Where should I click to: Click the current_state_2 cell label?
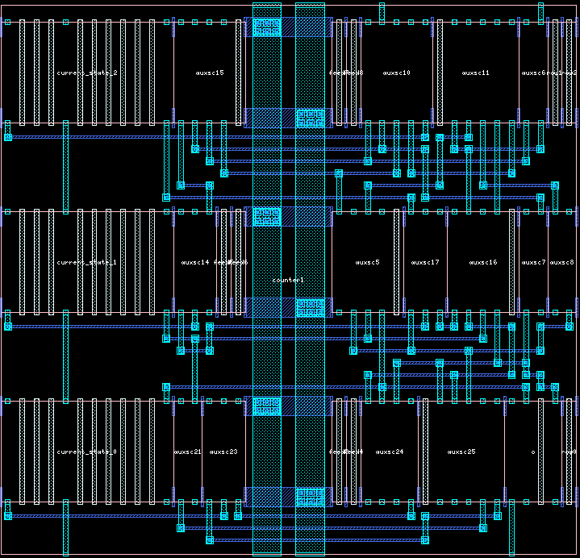(x=87, y=73)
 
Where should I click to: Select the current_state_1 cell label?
(x=87, y=263)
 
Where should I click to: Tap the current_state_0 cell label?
(x=87, y=452)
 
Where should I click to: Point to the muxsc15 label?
(x=210, y=73)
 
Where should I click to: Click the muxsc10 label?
(x=397, y=73)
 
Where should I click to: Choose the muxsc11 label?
(x=476, y=73)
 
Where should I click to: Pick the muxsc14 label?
(x=195, y=263)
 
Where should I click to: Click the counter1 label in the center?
(x=288, y=280)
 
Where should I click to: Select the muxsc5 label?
(x=368, y=263)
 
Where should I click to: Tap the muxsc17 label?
(x=425, y=263)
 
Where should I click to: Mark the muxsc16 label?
(x=483, y=263)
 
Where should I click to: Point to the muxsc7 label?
(x=533, y=263)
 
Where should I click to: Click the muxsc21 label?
(x=187, y=452)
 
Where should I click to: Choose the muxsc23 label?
(x=223, y=452)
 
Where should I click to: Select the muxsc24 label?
(x=390, y=452)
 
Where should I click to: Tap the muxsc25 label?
(x=461, y=452)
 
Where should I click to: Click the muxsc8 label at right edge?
(x=562, y=263)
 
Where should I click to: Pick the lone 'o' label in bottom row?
(x=533, y=452)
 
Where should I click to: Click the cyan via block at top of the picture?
(x=266, y=27)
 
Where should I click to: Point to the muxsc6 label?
(x=533, y=73)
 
